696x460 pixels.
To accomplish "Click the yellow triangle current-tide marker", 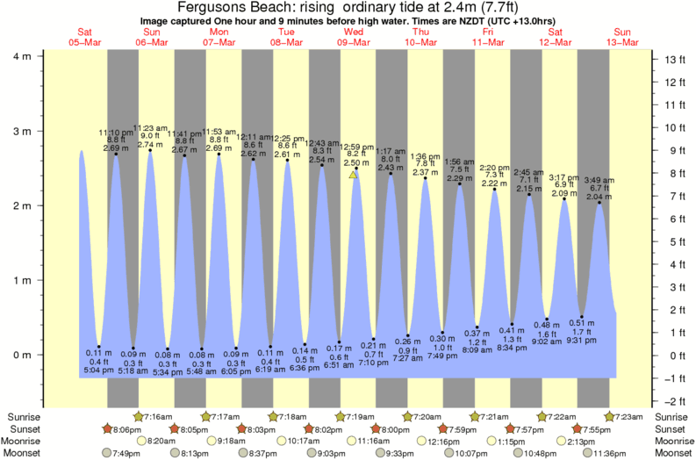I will [x=353, y=175].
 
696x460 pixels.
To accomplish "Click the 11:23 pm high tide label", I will [x=149, y=128].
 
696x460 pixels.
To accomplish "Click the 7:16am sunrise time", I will [x=159, y=416].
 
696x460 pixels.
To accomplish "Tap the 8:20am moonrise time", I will [x=160, y=441].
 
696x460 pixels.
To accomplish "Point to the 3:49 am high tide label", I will [x=599, y=179].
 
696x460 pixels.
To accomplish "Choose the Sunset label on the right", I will [x=672, y=428].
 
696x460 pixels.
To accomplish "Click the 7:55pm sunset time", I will [x=599, y=428].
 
